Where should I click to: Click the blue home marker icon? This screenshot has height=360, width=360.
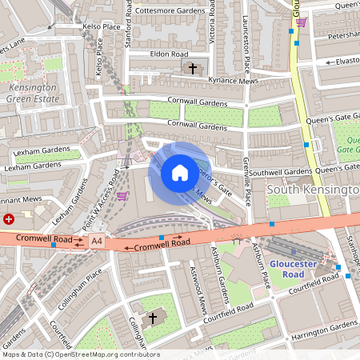180,172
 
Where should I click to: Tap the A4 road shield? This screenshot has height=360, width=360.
97,240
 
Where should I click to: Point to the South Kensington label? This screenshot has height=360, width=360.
313,190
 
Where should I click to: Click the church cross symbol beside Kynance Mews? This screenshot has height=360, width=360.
192,69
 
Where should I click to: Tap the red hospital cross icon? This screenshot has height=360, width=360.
9,218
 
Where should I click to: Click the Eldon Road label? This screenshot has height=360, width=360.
168,54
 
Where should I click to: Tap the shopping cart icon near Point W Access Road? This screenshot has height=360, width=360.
122,195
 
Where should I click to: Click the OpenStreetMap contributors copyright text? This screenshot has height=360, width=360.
80,354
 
